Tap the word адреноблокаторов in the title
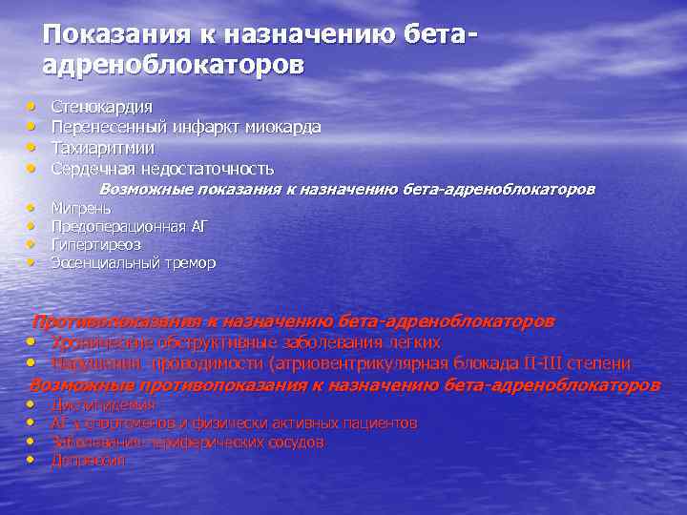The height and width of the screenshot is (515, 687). click(x=175, y=65)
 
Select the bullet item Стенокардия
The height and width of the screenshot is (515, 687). click(x=102, y=107)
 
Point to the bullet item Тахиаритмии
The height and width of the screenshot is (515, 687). click(x=102, y=148)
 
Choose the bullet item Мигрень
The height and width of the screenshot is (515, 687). click(x=81, y=208)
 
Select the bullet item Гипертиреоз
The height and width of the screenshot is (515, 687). click(x=95, y=244)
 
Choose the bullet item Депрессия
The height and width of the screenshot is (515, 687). click(x=88, y=461)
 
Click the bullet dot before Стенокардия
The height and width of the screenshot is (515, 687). click(x=31, y=106)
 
